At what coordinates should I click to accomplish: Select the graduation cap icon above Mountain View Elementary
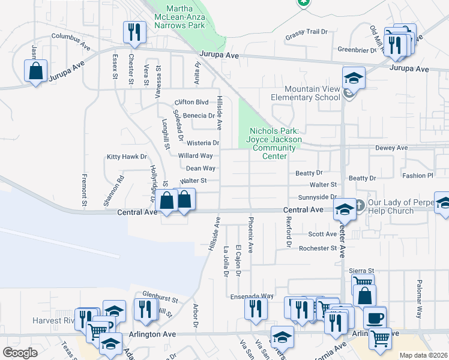(x=354, y=78)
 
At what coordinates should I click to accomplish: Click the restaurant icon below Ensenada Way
(x=256, y=308)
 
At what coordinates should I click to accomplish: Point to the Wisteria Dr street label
(x=203, y=143)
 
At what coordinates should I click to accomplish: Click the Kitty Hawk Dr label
(x=127, y=157)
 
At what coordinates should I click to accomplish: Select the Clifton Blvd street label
(x=191, y=102)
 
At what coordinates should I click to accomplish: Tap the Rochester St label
(x=318, y=248)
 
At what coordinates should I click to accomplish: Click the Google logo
(x=20, y=353)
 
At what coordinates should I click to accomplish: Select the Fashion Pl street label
(x=417, y=176)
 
